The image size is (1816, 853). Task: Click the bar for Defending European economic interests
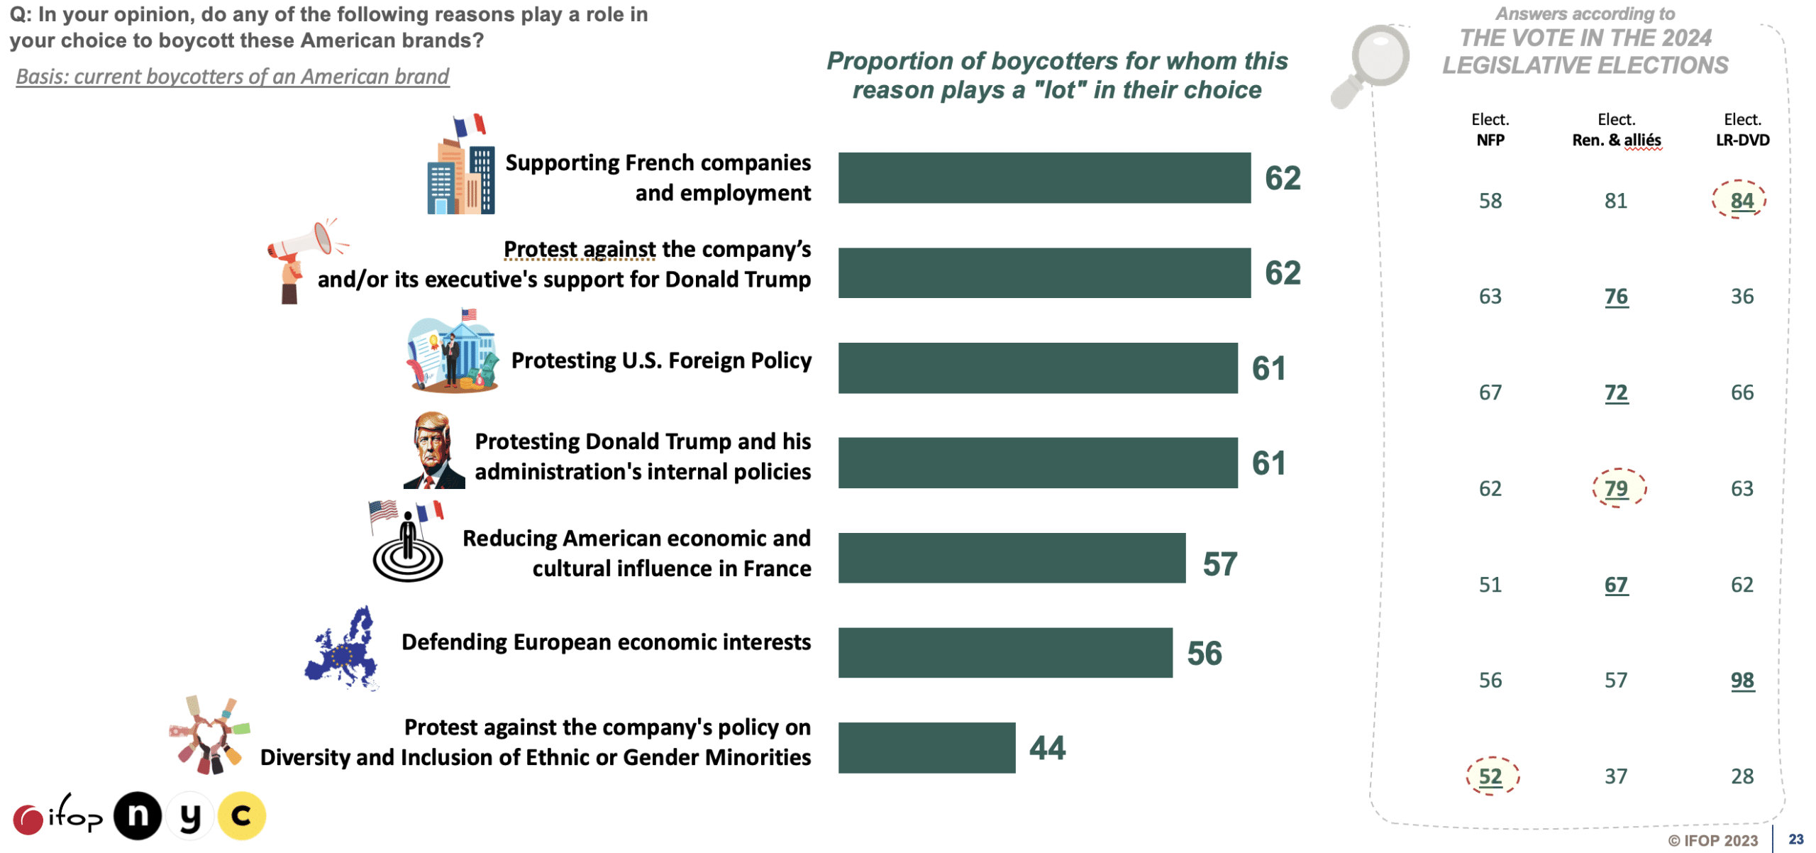click(x=1004, y=652)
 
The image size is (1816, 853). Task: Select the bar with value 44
click(x=926, y=747)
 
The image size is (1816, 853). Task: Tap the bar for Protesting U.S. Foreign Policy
click(x=1037, y=368)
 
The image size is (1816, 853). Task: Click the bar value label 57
click(x=1219, y=564)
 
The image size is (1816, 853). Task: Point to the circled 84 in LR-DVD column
click(x=1741, y=200)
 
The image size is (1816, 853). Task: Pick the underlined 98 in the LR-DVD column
click(x=1742, y=680)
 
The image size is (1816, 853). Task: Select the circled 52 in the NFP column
click(x=1490, y=776)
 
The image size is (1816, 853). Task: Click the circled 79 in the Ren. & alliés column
click(x=1616, y=488)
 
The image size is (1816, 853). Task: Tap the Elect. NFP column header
click(x=1490, y=129)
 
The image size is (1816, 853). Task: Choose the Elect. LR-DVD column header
click(x=1742, y=129)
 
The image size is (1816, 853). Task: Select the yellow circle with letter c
click(x=242, y=815)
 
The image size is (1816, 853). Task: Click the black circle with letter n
click(x=138, y=815)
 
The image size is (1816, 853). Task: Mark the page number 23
click(x=1795, y=839)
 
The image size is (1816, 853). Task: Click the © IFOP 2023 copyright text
click(x=1712, y=840)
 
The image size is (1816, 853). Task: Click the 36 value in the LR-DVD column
click(x=1742, y=296)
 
